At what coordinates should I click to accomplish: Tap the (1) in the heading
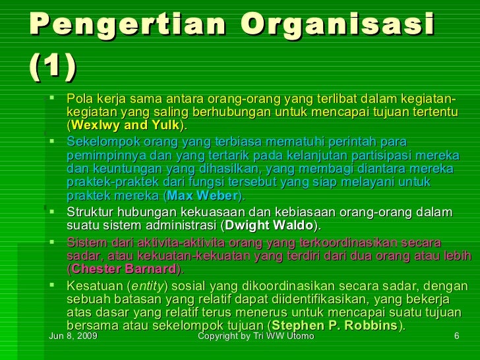(53, 65)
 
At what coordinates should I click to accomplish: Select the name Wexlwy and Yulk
(125, 125)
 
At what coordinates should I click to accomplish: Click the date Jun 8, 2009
(74, 337)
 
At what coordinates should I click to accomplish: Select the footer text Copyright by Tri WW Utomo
(256, 337)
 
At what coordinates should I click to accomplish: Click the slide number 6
(456, 337)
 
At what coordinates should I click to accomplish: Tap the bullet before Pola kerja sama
(53, 99)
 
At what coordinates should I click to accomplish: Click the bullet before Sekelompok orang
(53, 141)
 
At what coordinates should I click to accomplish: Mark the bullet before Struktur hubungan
(53, 212)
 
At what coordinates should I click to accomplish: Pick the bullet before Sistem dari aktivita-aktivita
(53, 241)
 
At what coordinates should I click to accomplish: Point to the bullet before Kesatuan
(53, 285)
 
